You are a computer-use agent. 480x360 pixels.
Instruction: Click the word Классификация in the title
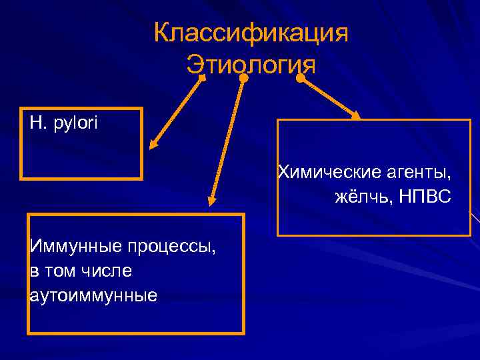coord(251,33)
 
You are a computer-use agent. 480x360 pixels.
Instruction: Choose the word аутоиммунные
coord(93,295)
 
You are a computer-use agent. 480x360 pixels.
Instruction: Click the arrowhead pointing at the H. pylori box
coord(152,144)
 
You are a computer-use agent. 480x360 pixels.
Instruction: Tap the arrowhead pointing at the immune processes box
coord(211,201)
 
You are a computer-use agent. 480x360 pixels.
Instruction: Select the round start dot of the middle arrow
coord(244,78)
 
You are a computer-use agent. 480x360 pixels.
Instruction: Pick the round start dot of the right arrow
coord(301,78)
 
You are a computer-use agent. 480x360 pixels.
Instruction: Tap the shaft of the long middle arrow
coord(227,140)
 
